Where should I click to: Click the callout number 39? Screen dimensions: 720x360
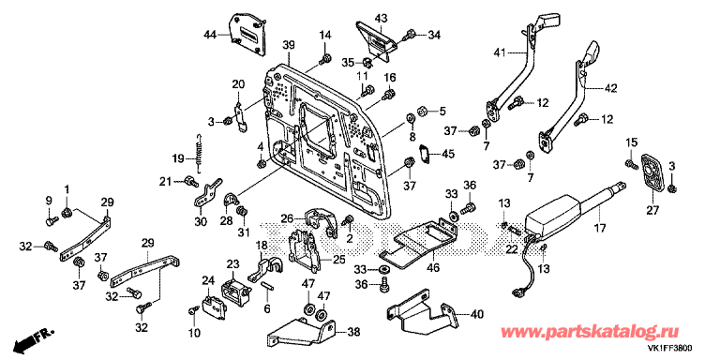[x=289, y=45]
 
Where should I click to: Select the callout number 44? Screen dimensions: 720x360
[x=210, y=34]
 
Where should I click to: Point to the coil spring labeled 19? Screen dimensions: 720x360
[x=199, y=149]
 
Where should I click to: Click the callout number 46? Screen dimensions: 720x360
[x=435, y=266]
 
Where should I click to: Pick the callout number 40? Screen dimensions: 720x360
[x=477, y=315]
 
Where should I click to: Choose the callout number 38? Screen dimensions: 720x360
[x=352, y=331]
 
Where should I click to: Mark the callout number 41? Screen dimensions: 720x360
[x=501, y=53]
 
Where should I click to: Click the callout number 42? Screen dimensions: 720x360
[x=611, y=88]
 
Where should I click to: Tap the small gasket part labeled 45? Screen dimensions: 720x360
[x=424, y=153]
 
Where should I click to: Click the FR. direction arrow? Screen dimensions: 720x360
[x=34, y=337]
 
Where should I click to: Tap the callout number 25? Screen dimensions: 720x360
[x=338, y=261]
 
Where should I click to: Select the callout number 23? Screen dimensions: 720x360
[x=233, y=264]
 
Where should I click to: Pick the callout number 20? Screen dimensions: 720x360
[x=238, y=84]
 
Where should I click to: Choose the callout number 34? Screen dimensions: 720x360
[x=434, y=35]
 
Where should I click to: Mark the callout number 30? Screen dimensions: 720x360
[x=200, y=222]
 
